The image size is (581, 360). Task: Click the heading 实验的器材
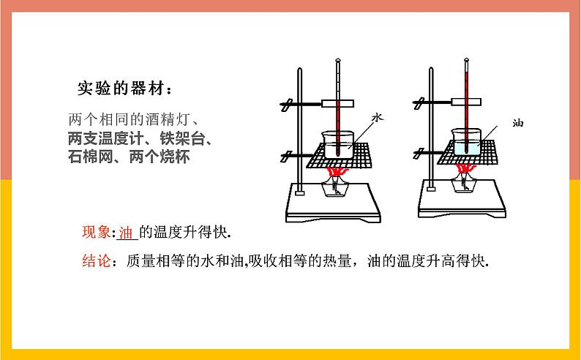[121, 89]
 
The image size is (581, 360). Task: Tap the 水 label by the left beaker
[377, 118]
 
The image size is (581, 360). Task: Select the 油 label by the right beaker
[517, 123]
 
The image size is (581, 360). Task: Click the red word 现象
[97, 232]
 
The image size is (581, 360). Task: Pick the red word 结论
[97, 260]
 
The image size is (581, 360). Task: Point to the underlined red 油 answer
[126, 233]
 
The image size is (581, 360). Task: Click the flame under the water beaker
[337, 172]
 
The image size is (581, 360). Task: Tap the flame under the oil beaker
[466, 168]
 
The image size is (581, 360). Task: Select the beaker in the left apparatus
[337, 144]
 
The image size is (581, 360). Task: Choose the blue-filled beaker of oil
[466, 142]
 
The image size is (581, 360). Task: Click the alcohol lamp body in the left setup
[337, 187]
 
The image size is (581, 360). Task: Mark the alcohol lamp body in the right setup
[465, 183]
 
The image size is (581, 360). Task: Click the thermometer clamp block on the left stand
[337, 104]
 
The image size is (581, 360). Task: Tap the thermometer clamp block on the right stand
[466, 102]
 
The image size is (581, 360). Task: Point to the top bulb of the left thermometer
[337, 60]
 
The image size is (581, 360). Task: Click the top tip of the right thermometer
[467, 59]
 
